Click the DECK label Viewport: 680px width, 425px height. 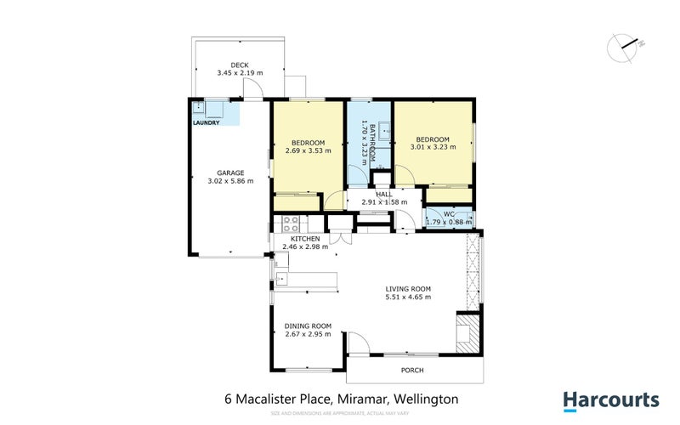240,65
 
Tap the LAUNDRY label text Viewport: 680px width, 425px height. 206,122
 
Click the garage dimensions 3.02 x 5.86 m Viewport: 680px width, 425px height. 230,181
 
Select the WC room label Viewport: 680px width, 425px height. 450,213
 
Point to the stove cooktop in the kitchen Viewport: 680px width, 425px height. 290,224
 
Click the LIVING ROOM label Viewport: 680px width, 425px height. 408,288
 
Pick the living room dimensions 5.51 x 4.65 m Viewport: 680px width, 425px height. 408,297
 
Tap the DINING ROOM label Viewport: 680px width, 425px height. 308,326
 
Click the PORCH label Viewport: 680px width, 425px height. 412,371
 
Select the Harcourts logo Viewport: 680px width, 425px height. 610,399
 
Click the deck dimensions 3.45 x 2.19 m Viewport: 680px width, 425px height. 240,73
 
